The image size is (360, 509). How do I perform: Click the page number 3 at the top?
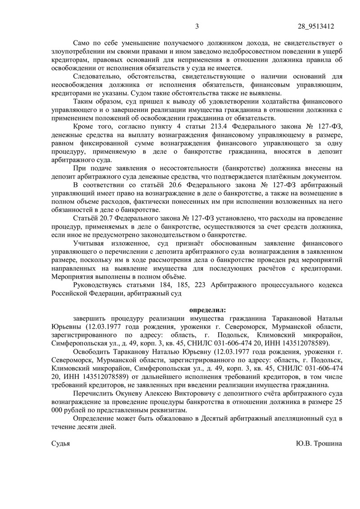(x=197, y=26)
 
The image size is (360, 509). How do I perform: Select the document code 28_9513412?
(x=316, y=26)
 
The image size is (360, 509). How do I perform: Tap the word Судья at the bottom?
(x=61, y=443)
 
